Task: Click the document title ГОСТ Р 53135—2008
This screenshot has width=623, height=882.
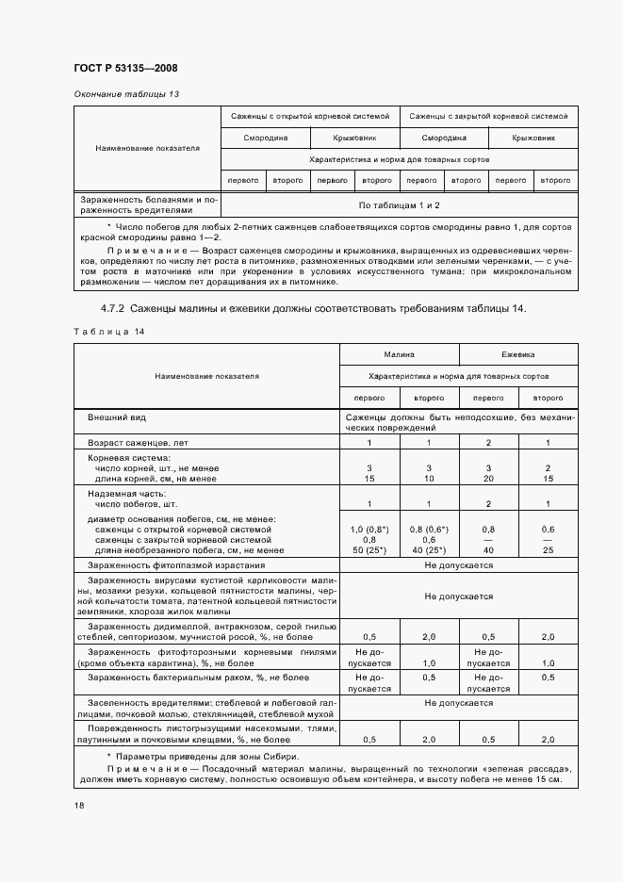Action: (125, 69)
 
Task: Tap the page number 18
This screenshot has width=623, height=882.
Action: (77, 806)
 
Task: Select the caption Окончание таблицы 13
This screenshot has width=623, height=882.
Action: (125, 94)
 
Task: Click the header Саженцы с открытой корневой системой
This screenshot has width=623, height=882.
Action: (309, 117)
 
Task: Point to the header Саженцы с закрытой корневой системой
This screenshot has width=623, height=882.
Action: (488, 117)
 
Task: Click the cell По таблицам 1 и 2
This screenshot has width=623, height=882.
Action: (399, 204)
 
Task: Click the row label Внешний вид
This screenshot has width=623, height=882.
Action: (117, 416)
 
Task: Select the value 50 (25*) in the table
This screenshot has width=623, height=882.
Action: (369, 549)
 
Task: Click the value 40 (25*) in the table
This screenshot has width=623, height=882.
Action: (429, 549)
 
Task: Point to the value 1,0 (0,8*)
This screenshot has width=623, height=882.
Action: (369, 530)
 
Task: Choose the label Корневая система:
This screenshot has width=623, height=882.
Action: (123, 457)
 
